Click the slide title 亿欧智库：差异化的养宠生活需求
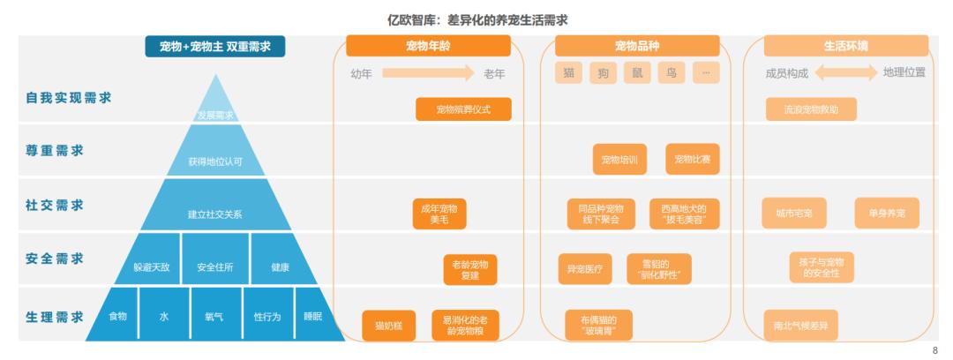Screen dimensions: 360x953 pos(476,19)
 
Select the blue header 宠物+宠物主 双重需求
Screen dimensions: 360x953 pos(215,46)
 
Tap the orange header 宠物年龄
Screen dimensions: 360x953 pos(428,46)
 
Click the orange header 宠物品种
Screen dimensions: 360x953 pos(637,46)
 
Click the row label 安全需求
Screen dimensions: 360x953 pos(55,259)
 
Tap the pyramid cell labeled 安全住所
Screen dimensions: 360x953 pos(215,266)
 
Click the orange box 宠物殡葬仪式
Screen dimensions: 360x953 pos(463,109)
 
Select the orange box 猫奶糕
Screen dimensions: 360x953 pos(388,326)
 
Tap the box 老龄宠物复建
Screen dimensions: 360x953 pos(469,270)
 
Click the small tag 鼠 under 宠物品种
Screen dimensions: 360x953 pos(637,73)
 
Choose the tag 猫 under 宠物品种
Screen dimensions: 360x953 pos(568,73)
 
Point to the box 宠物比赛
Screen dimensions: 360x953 pos(693,160)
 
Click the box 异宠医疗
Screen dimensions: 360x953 pos(584,269)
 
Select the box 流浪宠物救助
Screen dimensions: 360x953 pos(811,109)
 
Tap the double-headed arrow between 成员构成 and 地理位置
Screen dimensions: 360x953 pos(846,73)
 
